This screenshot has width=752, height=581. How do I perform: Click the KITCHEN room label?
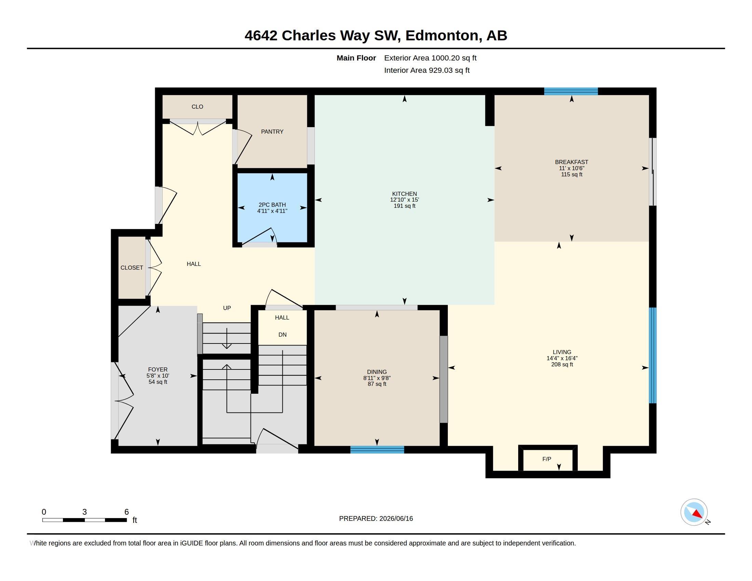[x=404, y=194]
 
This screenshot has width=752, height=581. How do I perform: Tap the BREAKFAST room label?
[x=571, y=162]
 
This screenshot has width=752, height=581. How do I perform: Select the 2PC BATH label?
[x=272, y=205]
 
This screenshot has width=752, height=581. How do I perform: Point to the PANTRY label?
[x=272, y=132]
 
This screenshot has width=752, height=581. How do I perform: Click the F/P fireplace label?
[x=547, y=459]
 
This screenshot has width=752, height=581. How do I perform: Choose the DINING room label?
[x=377, y=372]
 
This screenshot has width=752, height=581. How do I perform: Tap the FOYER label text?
[x=158, y=370]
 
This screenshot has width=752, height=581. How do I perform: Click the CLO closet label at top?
[x=197, y=107]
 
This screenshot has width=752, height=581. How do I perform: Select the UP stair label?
[x=227, y=308]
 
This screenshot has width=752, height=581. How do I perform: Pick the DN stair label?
[x=282, y=335]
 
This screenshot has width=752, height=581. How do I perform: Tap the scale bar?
[x=84, y=520]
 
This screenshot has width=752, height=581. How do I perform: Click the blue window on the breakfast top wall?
[x=571, y=91]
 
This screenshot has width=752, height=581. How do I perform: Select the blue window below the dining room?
[x=377, y=449]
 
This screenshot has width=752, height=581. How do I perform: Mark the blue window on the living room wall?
[x=653, y=355]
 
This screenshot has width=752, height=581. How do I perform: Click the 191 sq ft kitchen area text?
[x=404, y=206]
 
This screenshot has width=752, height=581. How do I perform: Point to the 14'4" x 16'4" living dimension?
[x=562, y=358]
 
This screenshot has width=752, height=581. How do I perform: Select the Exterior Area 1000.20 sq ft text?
[x=430, y=58]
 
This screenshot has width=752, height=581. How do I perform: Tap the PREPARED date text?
[x=376, y=518]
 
